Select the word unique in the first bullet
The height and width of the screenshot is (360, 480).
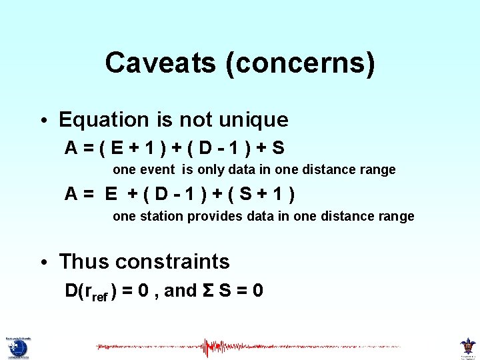pyautogui.click(x=255, y=120)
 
